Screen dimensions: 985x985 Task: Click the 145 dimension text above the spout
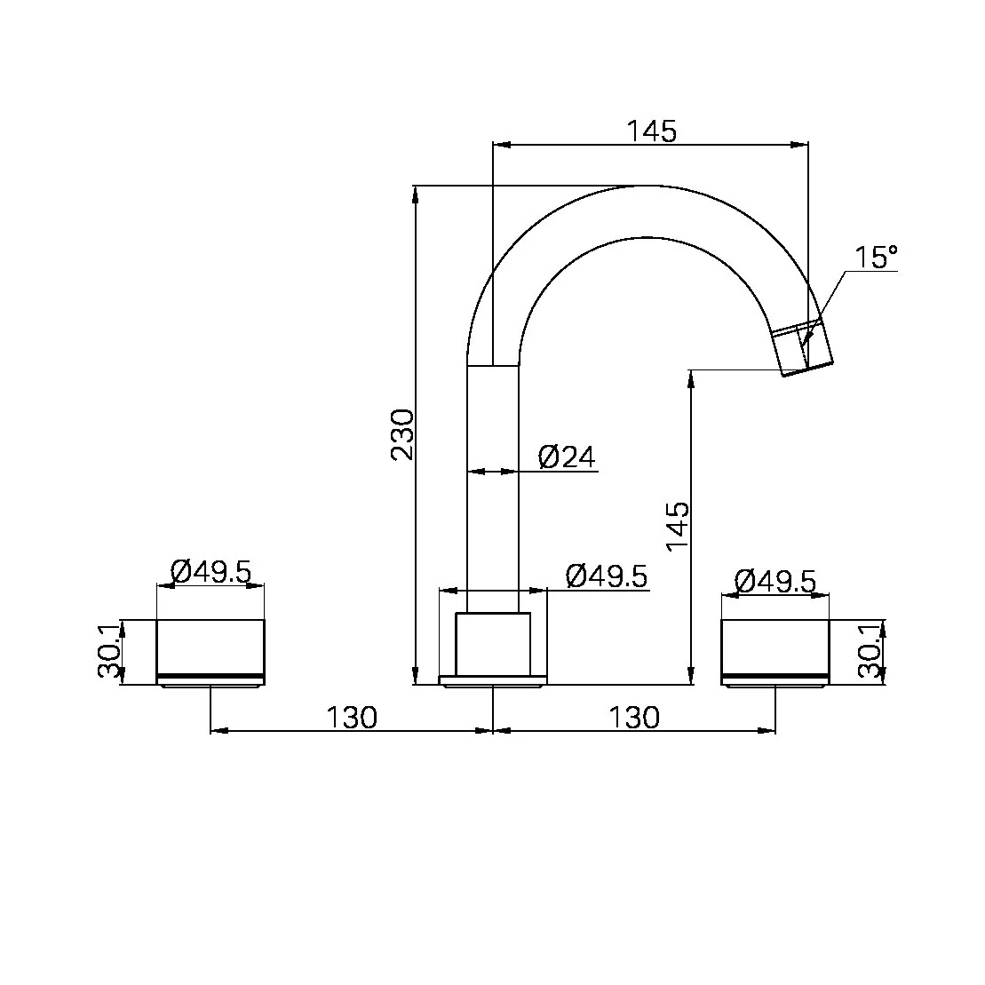651,131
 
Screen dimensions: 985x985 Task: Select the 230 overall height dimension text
402,434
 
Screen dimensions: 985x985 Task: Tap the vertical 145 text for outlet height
678,527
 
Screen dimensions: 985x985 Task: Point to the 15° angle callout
876,258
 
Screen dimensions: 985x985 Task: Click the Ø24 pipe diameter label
567,457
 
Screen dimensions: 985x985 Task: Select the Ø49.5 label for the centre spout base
607,576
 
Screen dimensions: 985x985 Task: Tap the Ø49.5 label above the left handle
211,571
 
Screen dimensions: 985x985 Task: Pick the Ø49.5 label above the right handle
774,581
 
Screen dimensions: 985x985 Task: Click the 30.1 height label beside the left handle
108,651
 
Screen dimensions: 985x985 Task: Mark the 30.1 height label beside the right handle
870,651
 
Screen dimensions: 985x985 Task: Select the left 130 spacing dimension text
352,717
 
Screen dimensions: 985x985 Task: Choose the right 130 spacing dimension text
634,717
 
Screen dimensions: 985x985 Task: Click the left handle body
211,647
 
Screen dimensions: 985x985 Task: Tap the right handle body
774,647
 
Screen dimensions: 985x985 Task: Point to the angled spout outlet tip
806,352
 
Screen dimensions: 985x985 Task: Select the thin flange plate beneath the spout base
492,681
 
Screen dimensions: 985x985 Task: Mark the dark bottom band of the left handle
211,679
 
